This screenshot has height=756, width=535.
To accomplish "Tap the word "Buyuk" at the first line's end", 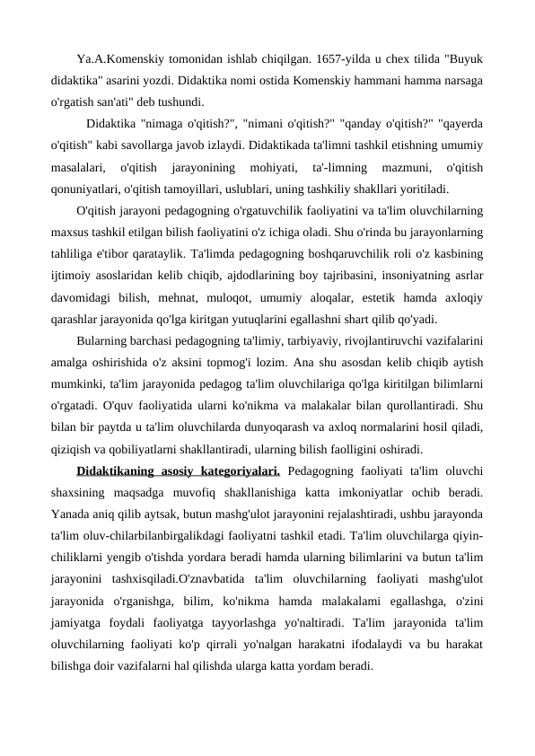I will click(463, 60).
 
